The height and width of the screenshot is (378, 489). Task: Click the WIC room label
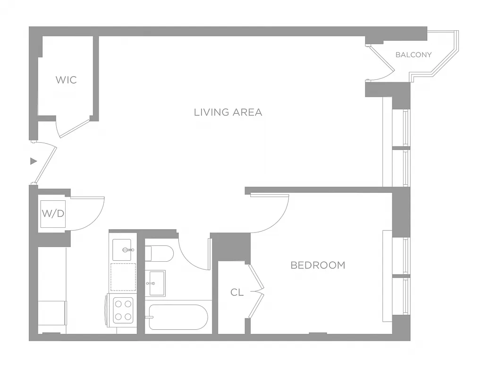point(66,80)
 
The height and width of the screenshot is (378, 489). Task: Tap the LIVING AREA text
point(228,112)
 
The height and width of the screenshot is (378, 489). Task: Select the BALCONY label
point(413,55)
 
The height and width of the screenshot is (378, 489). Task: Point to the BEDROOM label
point(318,266)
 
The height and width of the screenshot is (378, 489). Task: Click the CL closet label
point(237,293)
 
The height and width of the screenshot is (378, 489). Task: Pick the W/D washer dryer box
point(53,214)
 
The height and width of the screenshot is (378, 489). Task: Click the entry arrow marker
point(33,161)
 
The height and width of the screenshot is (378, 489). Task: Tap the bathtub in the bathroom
point(178,317)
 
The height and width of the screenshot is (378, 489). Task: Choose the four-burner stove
point(123,310)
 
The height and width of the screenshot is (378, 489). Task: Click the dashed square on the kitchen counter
point(123,277)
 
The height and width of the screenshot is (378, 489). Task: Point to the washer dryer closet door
point(90,213)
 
